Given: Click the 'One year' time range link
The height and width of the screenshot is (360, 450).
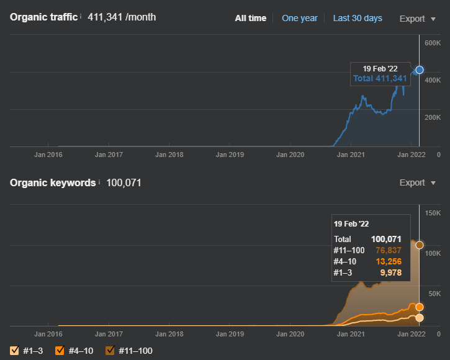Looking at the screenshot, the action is [300, 18].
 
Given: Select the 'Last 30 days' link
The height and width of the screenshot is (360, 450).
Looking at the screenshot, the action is [358, 18].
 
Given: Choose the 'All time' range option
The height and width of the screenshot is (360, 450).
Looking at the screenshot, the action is [251, 18].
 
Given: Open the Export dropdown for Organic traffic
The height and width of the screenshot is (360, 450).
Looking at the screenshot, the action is [418, 19].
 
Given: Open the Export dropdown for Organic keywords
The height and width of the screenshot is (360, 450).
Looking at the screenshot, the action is [418, 182].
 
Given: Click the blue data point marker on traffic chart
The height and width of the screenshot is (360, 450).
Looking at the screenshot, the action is [420, 70].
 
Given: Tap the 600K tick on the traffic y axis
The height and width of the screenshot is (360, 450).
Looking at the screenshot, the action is [433, 43].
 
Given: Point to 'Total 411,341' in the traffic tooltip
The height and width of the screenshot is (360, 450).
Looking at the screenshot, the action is [380, 78].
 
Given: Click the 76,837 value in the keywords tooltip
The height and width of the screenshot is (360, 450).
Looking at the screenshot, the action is [389, 250].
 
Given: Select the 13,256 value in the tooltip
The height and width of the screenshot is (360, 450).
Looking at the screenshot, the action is [389, 261].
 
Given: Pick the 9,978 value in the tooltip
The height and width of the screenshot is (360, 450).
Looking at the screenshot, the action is [391, 272].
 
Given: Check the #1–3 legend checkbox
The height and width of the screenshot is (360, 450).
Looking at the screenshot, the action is [14, 351].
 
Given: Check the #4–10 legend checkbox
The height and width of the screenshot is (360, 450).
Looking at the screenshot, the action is [60, 351].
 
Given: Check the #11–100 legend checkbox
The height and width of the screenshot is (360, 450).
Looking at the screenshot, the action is [110, 351].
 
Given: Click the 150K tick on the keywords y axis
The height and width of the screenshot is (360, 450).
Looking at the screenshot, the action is [433, 213].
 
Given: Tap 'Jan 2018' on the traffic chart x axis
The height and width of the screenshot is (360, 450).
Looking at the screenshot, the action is [169, 155].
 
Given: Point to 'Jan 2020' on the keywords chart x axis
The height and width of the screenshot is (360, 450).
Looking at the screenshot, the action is [290, 334].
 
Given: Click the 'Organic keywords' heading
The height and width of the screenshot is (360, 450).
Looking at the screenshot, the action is [53, 183].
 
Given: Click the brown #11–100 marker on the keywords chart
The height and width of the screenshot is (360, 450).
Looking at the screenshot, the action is [420, 245].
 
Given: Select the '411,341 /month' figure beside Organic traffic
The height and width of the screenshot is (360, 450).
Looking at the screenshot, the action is [122, 17].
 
